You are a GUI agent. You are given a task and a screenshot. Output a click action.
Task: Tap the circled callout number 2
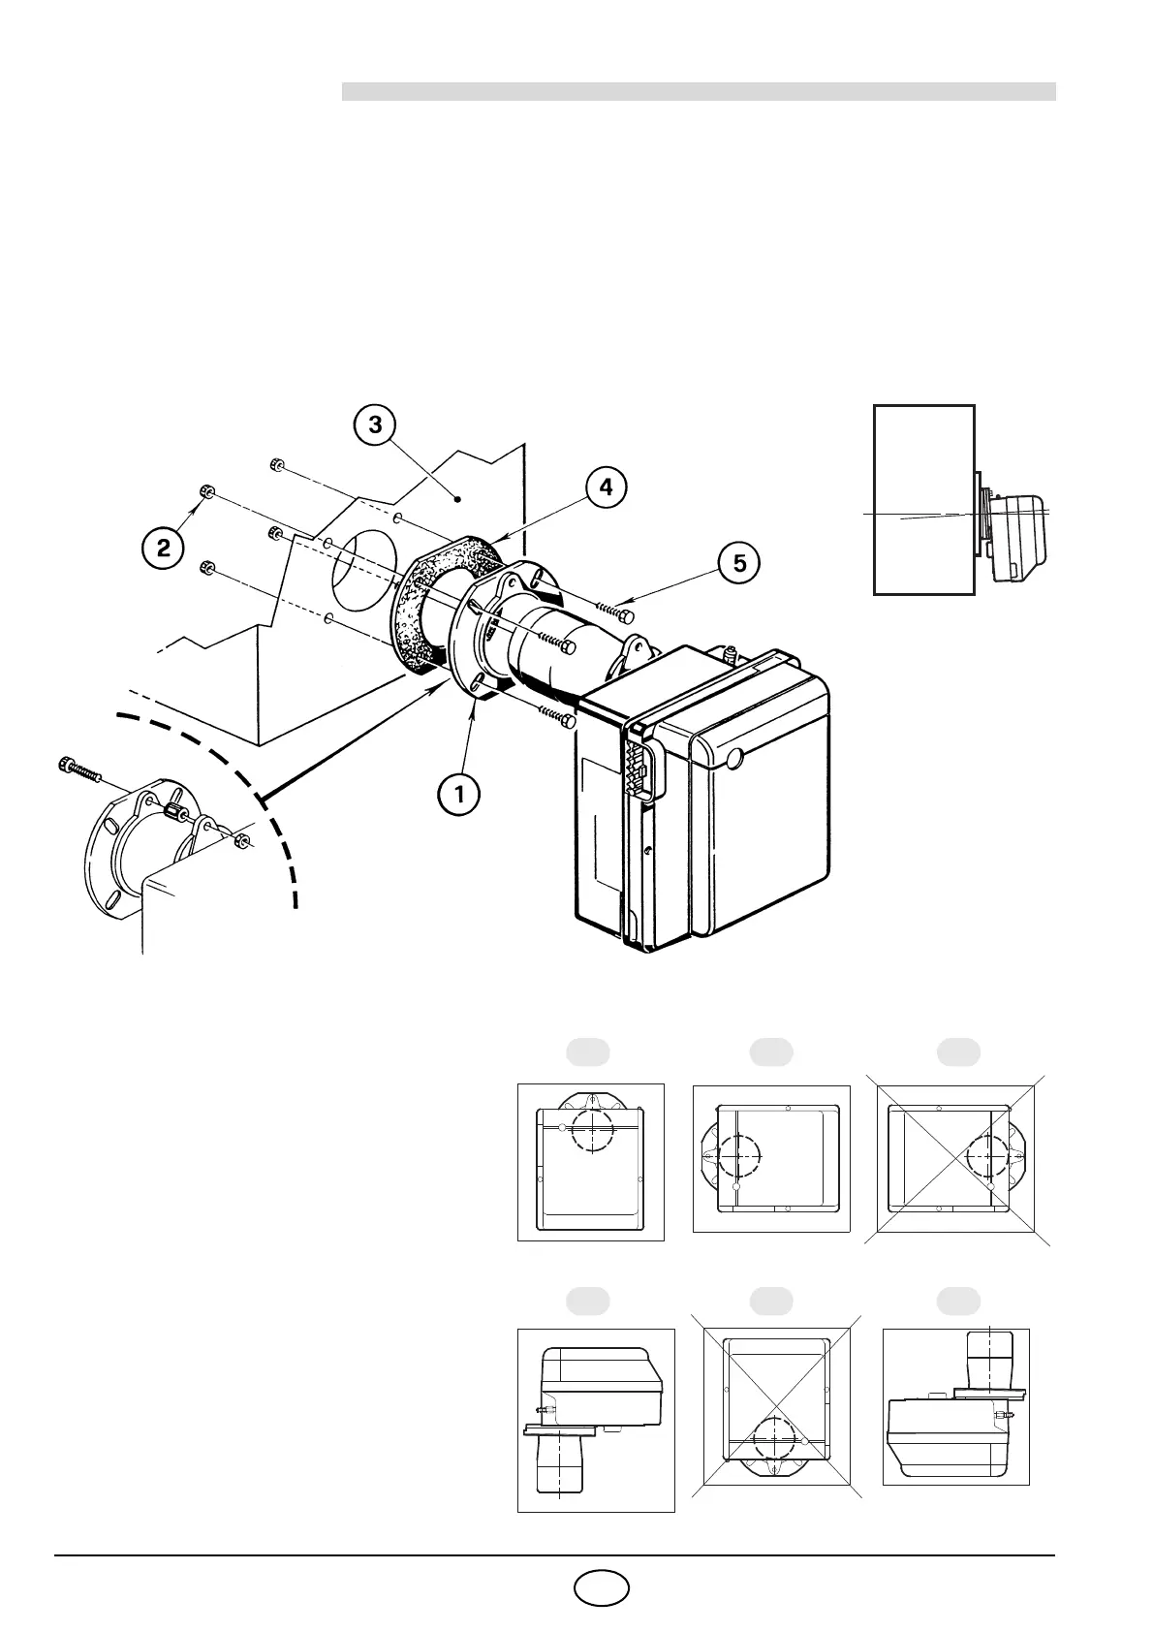[x=164, y=548]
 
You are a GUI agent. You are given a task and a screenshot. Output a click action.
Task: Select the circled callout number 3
[x=375, y=424]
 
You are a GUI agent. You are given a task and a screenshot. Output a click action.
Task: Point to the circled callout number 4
[x=606, y=487]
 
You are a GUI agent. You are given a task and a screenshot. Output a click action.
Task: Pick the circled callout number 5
[x=739, y=562]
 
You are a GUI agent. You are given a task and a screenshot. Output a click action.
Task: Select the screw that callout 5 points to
[x=616, y=612]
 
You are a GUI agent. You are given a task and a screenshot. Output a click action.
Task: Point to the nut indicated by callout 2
[x=206, y=491]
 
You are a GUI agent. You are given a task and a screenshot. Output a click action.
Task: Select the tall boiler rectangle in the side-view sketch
[x=924, y=499]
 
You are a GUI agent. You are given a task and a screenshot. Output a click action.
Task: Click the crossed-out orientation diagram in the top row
[x=957, y=1159]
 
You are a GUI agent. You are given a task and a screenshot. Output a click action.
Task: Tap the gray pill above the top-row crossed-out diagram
[x=958, y=1051]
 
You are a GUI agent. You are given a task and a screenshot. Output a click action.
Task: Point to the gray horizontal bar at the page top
[x=698, y=91]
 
